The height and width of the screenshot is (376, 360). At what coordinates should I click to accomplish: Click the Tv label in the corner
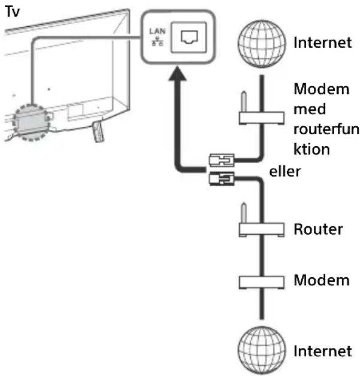click(12, 12)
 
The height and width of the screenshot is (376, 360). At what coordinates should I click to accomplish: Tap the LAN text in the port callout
click(158, 31)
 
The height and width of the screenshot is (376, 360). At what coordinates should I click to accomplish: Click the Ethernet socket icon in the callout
click(189, 37)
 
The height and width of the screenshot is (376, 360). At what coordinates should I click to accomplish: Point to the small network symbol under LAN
click(158, 41)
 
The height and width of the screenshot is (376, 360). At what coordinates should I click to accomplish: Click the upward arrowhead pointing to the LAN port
click(177, 74)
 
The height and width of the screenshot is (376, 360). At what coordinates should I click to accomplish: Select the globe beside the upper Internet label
click(262, 44)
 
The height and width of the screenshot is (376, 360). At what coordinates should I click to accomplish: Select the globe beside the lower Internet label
click(262, 350)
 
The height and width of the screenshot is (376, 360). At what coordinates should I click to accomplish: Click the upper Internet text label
click(323, 43)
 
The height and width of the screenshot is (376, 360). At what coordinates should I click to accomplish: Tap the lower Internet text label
click(323, 351)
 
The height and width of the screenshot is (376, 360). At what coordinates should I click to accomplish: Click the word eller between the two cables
click(285, 171)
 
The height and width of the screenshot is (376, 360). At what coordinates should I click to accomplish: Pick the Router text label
click(318, 229)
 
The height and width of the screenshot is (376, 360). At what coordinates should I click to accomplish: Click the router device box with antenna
click(261, 229)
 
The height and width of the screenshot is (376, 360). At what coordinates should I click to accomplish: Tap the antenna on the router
click(244, 213)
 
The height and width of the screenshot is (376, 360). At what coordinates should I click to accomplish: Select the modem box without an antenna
click(261, 282)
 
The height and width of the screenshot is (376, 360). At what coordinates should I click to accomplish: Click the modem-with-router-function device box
click(261, 118)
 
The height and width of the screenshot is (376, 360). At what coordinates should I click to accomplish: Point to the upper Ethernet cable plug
click(222, 160)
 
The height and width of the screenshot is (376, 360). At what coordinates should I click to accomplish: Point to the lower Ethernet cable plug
click(222, 178)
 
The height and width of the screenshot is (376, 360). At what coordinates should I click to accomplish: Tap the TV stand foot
click(98, 131)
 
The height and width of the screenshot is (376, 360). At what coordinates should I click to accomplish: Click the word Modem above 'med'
click(322, 89)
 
